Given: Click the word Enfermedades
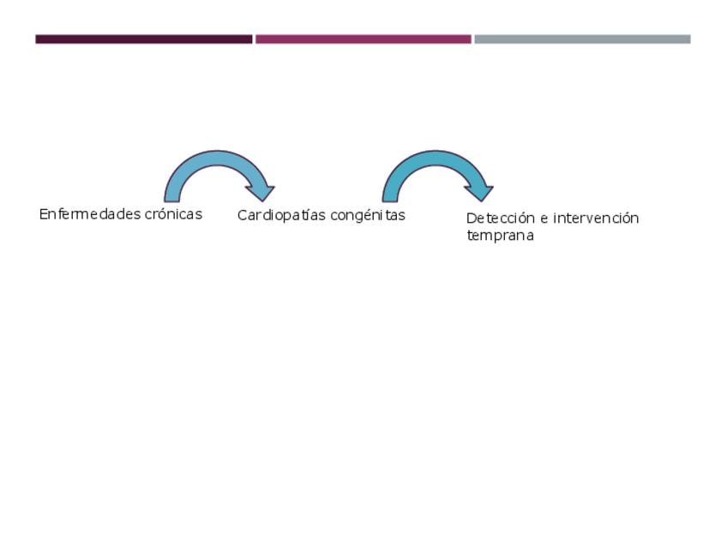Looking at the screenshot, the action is pos(90,214).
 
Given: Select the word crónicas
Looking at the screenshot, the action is pos(174,214).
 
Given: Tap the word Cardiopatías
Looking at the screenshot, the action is pos(281,215).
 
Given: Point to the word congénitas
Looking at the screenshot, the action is pos(368,215).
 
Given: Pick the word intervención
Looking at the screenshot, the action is pos(596,219).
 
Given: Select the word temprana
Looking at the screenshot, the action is pos(500,236).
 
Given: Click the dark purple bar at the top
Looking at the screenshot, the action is pos(144,39).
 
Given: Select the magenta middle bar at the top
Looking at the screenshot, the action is pos(363,39).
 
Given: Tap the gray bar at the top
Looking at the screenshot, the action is pos(582,39).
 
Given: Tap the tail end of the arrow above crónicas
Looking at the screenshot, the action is pos(172,195).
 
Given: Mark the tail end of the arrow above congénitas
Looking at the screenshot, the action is pos(390,195).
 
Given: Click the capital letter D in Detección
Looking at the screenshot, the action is pos(471,219).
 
